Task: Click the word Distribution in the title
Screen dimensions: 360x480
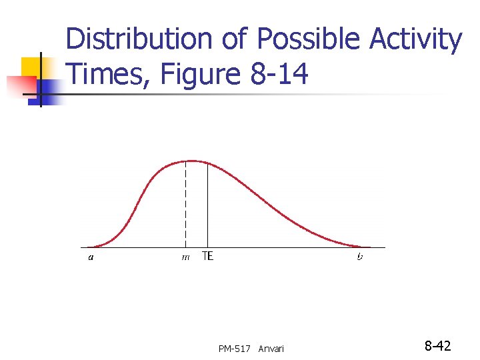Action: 139,40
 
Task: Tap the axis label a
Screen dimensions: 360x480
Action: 91,257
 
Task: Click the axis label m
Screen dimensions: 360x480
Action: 185,257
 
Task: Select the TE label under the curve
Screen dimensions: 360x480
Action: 207,256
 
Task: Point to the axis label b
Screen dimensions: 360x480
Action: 360,257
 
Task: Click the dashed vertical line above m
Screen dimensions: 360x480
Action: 185,207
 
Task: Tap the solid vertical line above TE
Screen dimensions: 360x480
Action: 207,207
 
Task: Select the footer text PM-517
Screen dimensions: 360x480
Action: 234,348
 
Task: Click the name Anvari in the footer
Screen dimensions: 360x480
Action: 271,348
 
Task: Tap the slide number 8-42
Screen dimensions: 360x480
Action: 438,346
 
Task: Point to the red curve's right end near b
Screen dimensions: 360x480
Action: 363,247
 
